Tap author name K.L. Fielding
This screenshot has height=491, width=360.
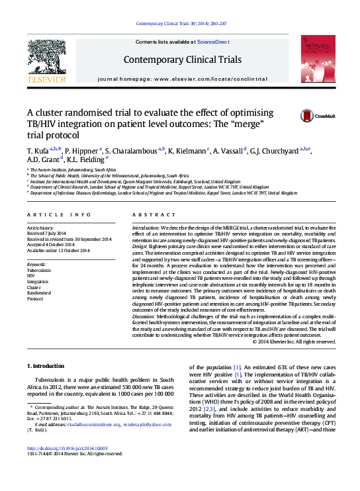pos(87,159)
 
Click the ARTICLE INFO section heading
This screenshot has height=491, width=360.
pos(59,215)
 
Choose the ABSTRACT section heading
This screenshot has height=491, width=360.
pos(154,215)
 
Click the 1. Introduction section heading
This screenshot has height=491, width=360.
pos(45,366)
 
